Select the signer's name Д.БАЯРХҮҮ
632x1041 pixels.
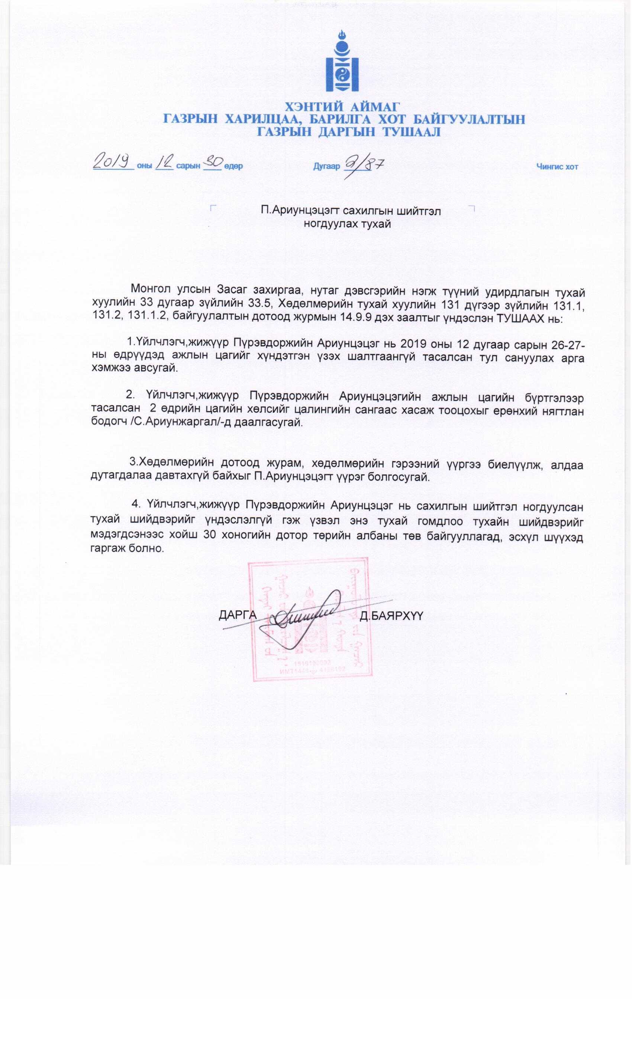[391, 616]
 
